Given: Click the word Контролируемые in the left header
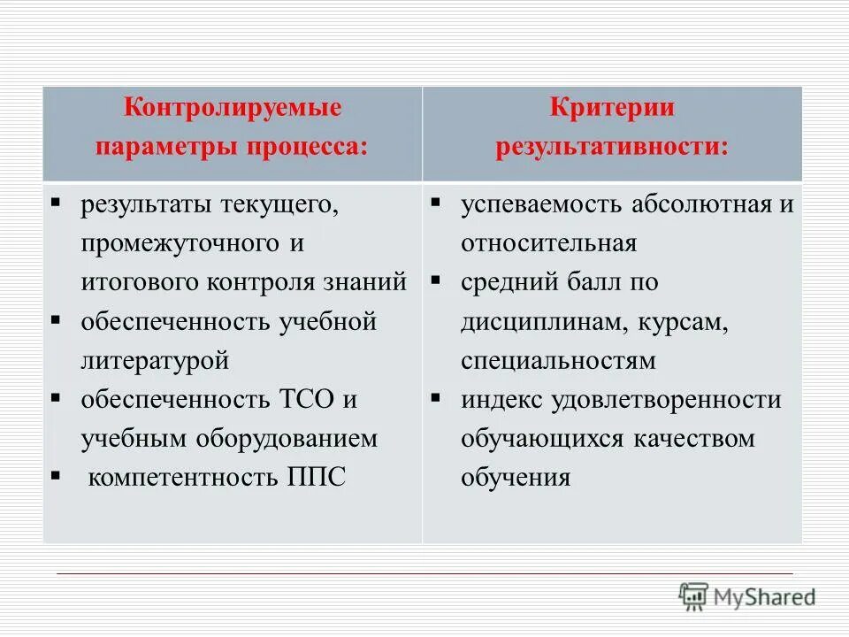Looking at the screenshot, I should pyautogui.click(x=232, y=110).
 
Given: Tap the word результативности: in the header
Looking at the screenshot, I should pyautogui.click(x=612, y=146).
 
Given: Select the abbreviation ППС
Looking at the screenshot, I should pyautogui.click(x=317, y=477).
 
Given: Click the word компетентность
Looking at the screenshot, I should pyautogui.click(x=182, y=477).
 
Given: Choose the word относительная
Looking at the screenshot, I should pyautogui.click(x=548, y=243).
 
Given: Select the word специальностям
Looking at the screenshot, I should pyautogui.click(x=558, y=360).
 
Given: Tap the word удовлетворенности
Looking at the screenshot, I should pyautogui.click(x=666, y=399).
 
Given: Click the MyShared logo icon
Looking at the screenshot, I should pyautogui.click(x=693, y=595).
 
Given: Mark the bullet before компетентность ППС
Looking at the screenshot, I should pyautogui.click(x=56, y=475).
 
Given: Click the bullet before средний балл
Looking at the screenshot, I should pyautogui.click(x=436, y=280).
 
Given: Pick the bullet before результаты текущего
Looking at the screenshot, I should pyautogui.click(x=56, y=203).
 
